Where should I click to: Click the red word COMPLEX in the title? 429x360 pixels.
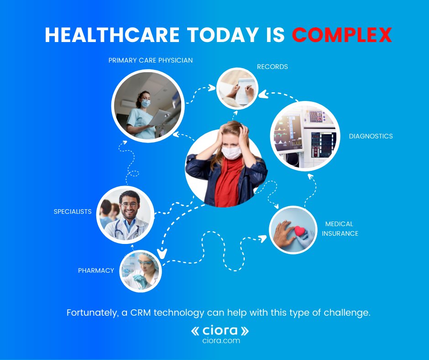(342, 35)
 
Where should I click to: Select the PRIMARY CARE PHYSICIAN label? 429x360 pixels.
(151, 60)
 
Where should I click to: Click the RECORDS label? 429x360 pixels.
(272, 67)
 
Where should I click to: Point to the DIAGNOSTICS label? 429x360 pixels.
(371, 136)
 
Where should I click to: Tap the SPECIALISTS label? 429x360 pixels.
(73, 212)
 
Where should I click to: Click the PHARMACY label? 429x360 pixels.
(96, 270)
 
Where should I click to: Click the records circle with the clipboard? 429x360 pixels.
(237, 88)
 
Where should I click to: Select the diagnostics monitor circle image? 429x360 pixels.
(305, 136)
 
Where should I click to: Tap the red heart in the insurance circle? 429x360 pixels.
(300, 230)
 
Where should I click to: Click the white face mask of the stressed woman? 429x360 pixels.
(231, 152)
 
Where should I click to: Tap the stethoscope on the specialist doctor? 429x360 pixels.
(121, 233)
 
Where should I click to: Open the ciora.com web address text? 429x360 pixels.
(220, 341)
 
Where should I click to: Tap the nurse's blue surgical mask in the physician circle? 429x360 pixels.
(145, 104)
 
